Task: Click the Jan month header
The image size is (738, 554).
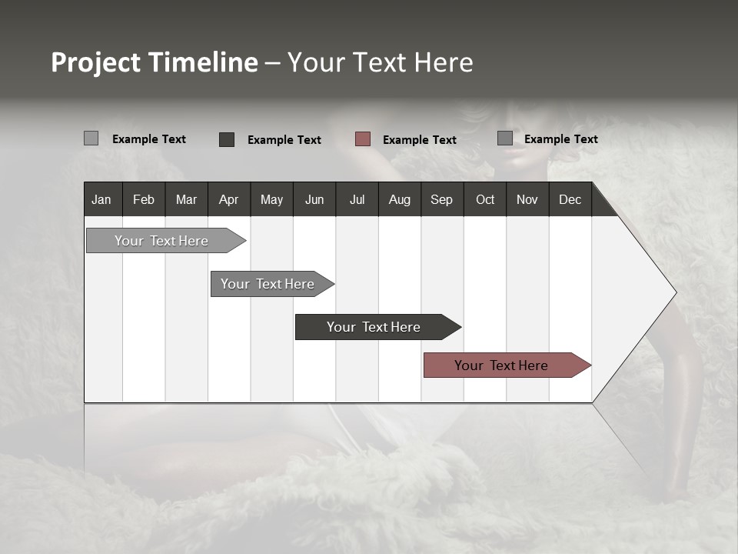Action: pos(101,199)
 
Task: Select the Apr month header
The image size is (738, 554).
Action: pos(228,199)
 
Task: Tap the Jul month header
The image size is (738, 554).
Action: pos(357,199)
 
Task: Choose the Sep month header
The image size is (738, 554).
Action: pos(441,199)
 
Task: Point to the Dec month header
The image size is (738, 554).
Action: pos(570,199)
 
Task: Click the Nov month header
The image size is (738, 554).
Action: pos(527,199)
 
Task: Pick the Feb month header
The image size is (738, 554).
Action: pos(144,199)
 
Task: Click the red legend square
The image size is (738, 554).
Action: pos(363,139)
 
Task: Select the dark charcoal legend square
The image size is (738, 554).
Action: pos(227,139)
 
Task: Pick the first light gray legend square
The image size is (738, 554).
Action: pos(91,138)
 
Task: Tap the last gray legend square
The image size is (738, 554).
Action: pos(505,138)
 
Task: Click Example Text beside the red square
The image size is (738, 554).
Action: pos(419,140)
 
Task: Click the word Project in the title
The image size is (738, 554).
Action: pos(96,62)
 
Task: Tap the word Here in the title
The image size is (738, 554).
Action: pos(444,62)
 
